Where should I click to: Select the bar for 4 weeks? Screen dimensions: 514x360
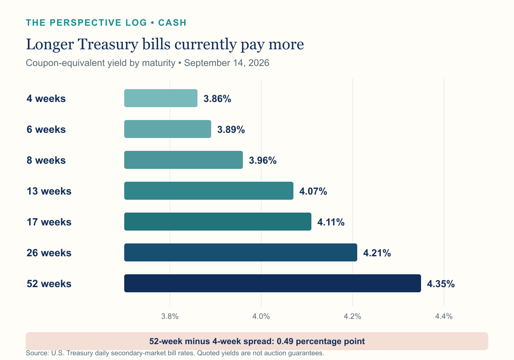161,98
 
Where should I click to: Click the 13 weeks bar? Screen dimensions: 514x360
209,191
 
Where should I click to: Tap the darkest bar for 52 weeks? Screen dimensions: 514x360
272,283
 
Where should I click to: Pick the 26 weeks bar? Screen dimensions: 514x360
241,252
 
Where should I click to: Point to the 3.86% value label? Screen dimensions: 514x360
217,99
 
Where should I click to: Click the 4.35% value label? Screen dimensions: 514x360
441,284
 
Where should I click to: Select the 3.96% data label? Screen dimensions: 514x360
263,160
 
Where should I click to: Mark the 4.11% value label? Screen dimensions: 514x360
331,222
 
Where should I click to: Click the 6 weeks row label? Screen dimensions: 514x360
46,129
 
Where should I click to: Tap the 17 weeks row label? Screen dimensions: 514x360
49,222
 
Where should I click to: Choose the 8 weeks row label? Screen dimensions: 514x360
46,160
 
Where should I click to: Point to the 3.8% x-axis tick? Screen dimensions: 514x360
170,316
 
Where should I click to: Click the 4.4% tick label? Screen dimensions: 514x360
444,316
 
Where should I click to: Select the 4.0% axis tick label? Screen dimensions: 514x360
261,316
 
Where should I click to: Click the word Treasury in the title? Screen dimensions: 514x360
108,45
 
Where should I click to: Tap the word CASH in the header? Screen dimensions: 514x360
172,23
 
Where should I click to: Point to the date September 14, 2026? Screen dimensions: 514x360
227,63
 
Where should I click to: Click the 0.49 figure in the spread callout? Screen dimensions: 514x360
285,341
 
